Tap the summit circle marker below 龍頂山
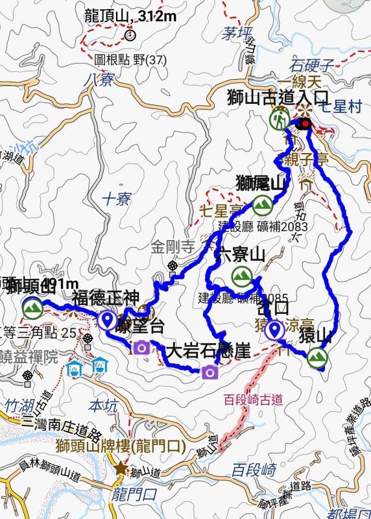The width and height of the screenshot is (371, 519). [131, 36]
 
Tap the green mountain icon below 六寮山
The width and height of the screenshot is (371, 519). [243, 276]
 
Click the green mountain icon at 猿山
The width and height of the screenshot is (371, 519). [317, 357]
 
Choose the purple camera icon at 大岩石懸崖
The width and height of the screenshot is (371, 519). [209, 372]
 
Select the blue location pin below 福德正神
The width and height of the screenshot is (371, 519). [107, 320]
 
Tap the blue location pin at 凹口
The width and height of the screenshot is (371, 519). [275, 330]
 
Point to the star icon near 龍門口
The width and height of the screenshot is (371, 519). [121, 468]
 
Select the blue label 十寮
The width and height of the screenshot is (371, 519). [117, 199]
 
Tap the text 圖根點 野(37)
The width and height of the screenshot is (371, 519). [130, 60]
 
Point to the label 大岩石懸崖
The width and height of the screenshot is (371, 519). [208, 352]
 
